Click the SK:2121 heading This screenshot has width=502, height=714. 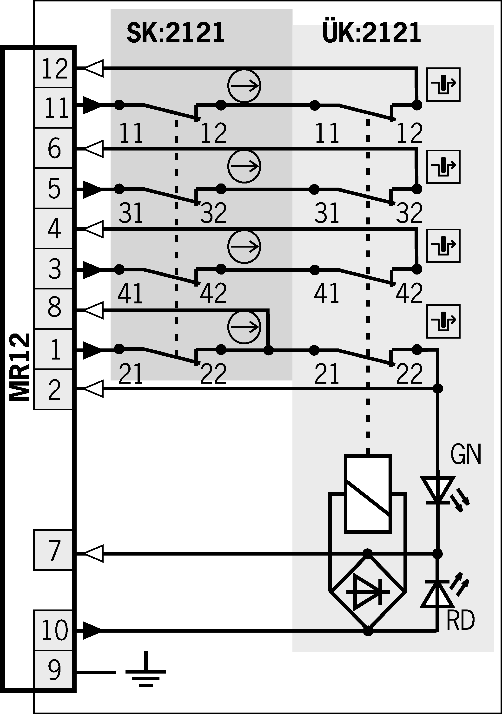tap(175, 33)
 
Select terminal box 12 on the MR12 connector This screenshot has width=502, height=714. tap(53, 68)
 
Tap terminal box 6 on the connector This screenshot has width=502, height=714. tap(53, 148)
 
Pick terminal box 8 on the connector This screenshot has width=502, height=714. tap(53, 309)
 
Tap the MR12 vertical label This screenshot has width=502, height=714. tap(19, 367)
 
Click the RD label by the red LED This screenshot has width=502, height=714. tap(460, 620)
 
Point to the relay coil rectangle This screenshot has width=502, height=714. tap(368, 494)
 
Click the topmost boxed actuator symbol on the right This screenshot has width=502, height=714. tap(443, 84)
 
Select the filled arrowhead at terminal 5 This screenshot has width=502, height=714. tap(92, 189)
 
